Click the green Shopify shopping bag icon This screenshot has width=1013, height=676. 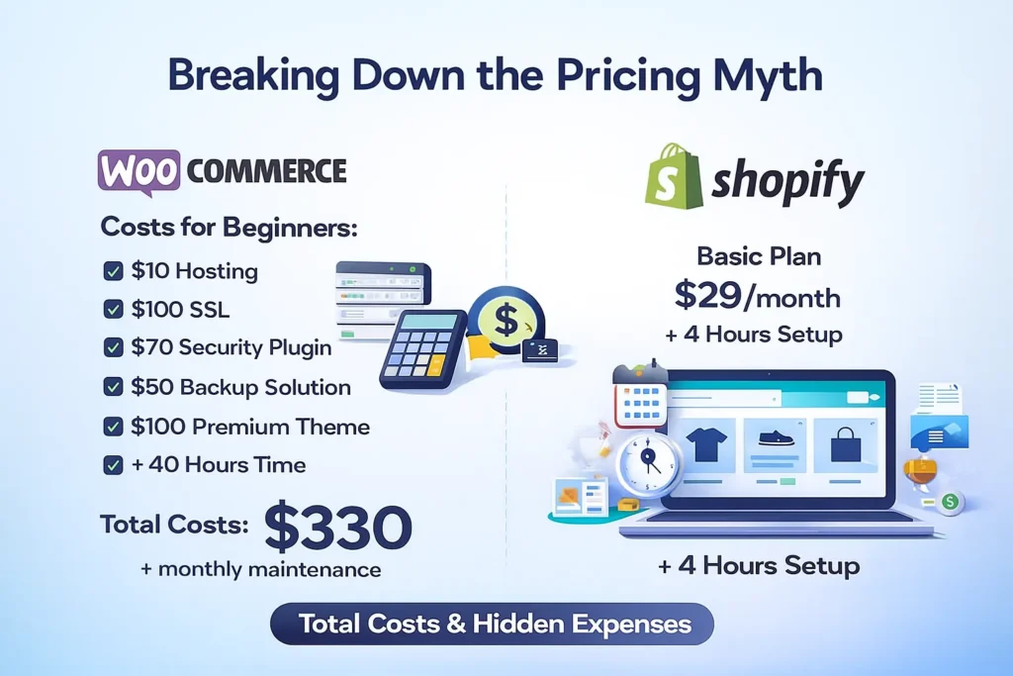tap(673, 176)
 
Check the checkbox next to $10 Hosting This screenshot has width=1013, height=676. tap(113, 271)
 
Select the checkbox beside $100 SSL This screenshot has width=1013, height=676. tap(113, 309)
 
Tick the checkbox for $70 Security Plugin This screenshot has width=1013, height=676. tap(113, 347)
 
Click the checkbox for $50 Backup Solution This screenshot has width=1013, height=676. tap(113, 386)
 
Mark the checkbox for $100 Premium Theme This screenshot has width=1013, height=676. tap(113, 427)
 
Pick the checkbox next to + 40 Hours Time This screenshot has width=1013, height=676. tap(113, 464)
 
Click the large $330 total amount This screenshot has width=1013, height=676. tap(338, 527)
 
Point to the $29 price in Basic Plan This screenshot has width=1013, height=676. tap(707, 295)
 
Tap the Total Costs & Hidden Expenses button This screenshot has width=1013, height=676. tap(493, 624)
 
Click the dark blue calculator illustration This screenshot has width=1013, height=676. tap(423, 349)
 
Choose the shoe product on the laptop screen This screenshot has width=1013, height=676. tap(776, 438)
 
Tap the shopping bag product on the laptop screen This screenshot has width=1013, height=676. tap(846, 444)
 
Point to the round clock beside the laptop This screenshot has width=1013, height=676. tap(648, 463)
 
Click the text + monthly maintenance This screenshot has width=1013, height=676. tap(260, 570)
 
